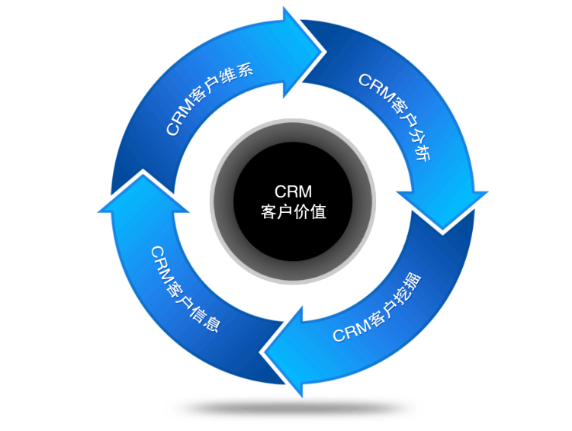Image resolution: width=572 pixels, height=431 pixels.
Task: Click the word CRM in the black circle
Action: pos(293,191)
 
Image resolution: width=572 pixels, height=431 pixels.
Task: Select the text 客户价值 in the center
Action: pos(293,211)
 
